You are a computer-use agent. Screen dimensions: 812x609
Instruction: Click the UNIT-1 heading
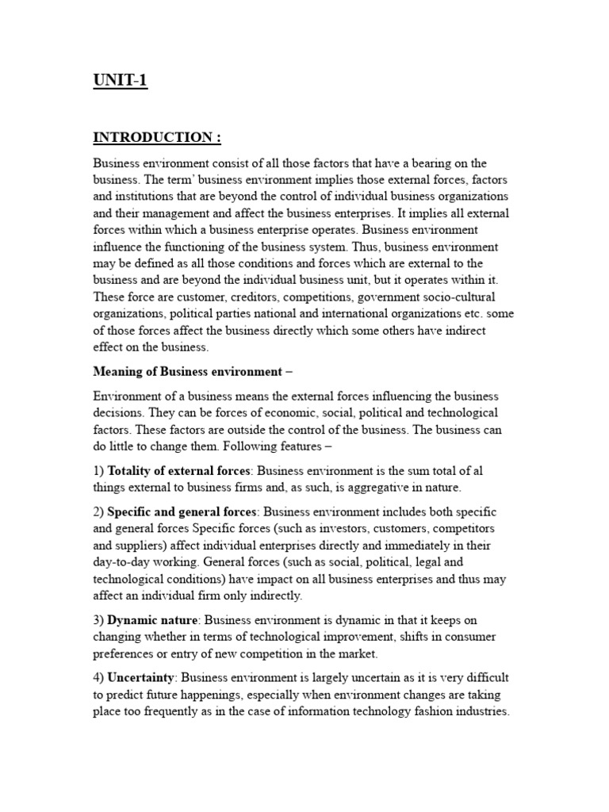pyautogui.click(x=120, y=81)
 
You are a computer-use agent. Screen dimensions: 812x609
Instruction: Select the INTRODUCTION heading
pyautogui.click(x=157, y=138)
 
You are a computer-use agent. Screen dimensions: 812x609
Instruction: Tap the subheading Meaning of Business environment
pyautogui.click(x=188, y=371)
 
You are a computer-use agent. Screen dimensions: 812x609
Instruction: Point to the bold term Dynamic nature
pyautogui.click(x=151, y=619)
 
